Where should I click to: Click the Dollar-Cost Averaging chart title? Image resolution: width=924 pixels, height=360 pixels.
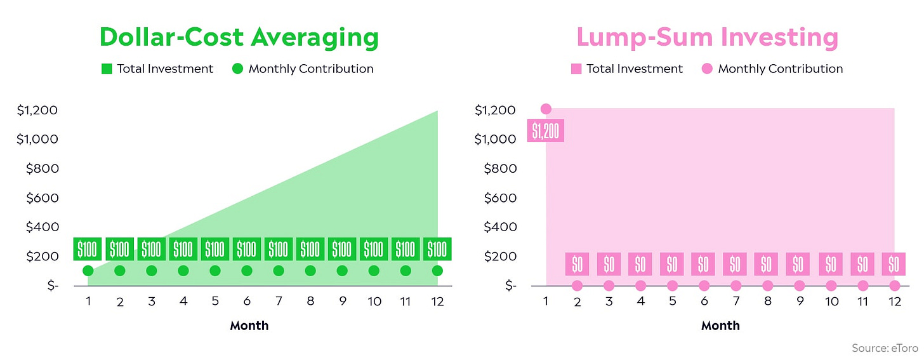pos(239,37)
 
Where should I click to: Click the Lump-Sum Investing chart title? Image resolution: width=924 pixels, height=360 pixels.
pos(707,37)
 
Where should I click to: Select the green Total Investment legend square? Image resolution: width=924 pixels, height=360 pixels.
pos(107,69)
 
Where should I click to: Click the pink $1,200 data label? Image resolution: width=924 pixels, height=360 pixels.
pos(546,130)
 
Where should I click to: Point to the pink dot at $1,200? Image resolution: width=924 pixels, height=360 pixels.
pos(546,109)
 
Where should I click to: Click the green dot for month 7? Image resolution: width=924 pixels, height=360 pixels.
pos(279,270)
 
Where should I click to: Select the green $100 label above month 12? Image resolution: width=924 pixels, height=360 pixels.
pos(437,249)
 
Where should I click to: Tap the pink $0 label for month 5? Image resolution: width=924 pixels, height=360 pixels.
pos(672,263)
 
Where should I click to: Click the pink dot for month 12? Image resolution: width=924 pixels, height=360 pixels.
pos(895,285)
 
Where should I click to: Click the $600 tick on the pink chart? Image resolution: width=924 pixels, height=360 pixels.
pos(500,198)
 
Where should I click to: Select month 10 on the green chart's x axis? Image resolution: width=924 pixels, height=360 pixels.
pos(374,301)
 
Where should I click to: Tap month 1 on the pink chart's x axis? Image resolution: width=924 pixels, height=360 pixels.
pos(546,301)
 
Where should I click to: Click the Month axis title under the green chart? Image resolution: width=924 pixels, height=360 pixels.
pos(249,326)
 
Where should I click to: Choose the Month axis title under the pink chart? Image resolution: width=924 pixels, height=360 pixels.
pos(720,326)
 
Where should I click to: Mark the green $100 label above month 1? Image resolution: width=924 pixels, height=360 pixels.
pos(88,249)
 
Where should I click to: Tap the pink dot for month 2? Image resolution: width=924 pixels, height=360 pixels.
pos(577,285)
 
